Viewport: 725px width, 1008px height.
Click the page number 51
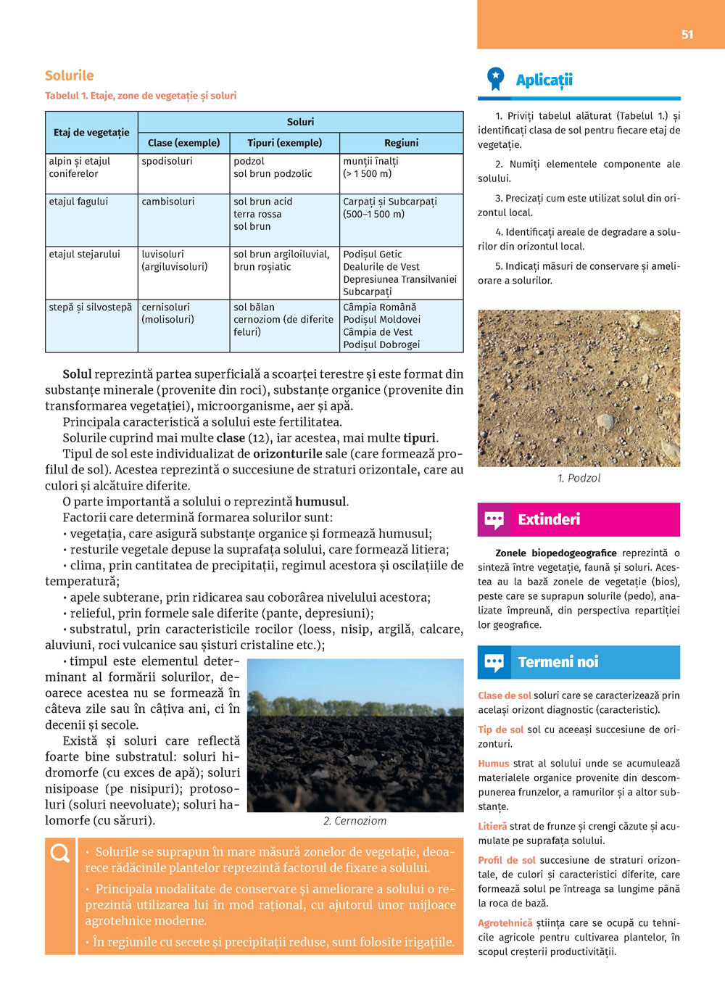coord(687,34)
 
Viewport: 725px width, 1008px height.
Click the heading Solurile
coord(69,75)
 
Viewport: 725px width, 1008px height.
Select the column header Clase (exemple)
coord(183,143)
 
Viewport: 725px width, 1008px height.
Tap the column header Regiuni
coord(401,143)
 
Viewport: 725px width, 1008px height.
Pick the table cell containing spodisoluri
coord(167,161)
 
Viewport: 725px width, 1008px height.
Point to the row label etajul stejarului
coord(84,255)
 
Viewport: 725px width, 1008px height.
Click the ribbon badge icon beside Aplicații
coord(495,78)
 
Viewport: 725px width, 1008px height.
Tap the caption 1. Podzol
coord(579,478)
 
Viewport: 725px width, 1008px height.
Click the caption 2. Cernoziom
coord(355,821)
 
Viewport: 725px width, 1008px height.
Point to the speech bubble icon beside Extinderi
coord(494,519)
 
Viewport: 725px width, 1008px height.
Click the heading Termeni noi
coord(558,662)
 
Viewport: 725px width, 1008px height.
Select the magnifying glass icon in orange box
coord(60,854)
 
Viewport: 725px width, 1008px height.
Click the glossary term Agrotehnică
coord(505,923)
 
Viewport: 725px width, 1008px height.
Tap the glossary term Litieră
coord(492,826)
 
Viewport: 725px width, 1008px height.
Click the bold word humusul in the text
coord(321,502)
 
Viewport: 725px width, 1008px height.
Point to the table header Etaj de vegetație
coord(91,132)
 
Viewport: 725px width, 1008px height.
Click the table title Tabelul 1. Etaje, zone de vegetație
coord(141,96)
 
